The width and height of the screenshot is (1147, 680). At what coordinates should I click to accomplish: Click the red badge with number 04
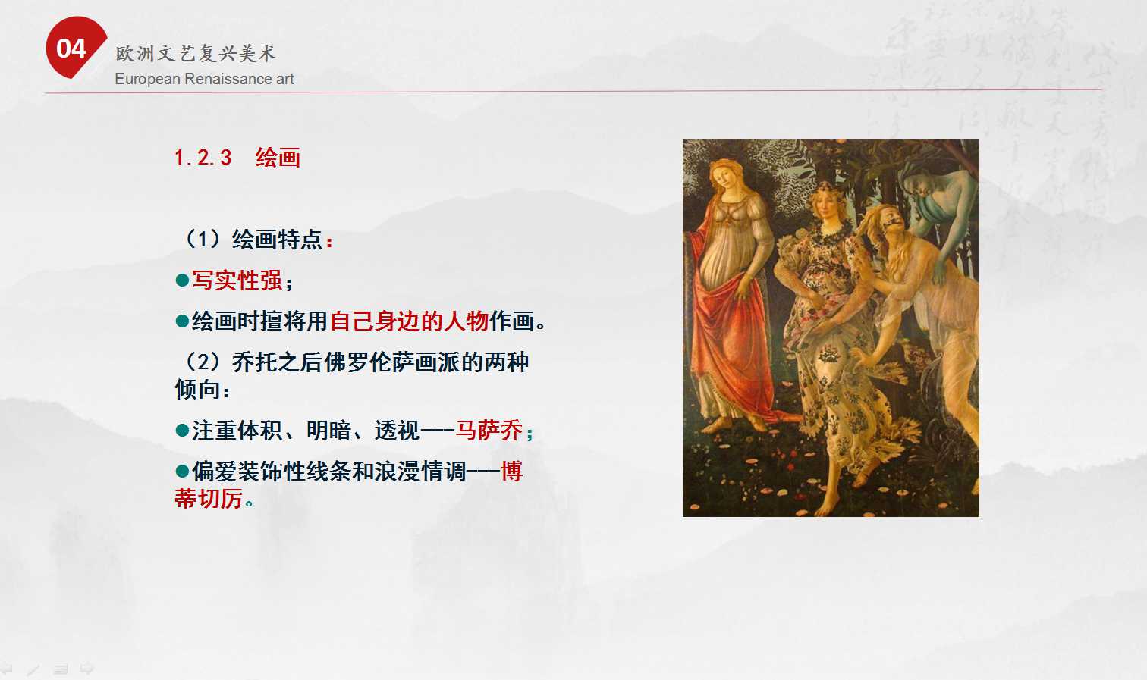pyautogui.click(x=75, y=47)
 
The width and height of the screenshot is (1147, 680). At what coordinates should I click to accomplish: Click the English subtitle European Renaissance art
pyautogui.click(x=204, y=79)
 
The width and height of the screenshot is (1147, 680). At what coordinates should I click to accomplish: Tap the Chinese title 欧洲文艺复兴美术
pyautogui.click(x=196, y=53)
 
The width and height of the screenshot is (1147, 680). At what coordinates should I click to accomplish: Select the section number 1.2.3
pyautogui.click(x=203, y=158)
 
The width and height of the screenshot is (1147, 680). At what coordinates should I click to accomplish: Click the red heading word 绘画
pyautogui.click(x=278, y=158)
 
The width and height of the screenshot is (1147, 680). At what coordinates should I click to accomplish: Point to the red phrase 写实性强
pyautogui.click(x=237, y=280)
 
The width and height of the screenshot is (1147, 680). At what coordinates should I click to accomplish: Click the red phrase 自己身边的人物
pyautogui.click(x=409, y=321)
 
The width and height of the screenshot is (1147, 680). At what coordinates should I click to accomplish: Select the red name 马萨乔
pyautogui.click(x=489, y=431)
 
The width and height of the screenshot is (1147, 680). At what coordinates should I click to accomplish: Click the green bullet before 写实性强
pyautogui.click(x=182, y=280)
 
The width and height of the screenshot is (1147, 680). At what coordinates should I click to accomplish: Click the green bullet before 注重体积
pyautogui.click(x=182, y=431)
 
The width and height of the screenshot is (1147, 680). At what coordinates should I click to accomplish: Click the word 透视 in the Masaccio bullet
pyautogui.click(x=397, y=431)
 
